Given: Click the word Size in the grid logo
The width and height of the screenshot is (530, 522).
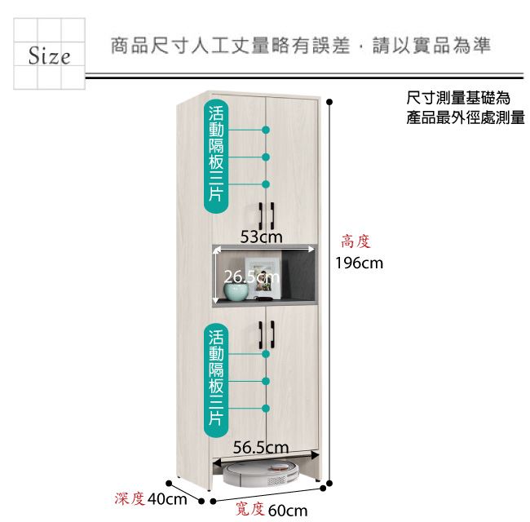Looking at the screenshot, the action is (50, 55).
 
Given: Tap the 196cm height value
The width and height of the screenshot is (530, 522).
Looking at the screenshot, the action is (360, 263).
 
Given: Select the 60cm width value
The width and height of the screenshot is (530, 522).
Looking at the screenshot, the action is (288, 511).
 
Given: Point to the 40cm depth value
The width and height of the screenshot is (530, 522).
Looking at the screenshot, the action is (167, 499).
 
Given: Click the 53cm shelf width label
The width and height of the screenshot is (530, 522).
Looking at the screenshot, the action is (261, 237).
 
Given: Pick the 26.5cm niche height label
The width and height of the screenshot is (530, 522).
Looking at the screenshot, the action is (252, 277).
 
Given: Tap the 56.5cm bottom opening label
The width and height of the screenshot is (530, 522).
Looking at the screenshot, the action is (261, 447).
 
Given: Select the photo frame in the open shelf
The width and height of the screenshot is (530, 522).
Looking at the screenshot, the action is (263, 278).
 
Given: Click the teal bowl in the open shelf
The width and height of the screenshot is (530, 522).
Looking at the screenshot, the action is (236, 292).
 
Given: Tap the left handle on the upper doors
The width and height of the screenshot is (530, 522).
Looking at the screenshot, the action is (261, 216).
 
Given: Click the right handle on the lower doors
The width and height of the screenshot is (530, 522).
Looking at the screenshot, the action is (272, 334).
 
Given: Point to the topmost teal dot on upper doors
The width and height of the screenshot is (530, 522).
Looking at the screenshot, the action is (266, 130).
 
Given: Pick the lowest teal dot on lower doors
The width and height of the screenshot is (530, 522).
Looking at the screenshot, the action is (266, 408).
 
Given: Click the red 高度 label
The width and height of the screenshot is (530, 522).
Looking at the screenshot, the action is (356, 241).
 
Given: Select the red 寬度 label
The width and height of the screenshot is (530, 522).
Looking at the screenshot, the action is (250, 509).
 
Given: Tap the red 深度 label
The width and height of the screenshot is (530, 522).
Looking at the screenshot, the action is (130, 498).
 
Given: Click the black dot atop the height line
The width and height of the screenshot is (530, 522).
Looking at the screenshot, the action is (329, 102).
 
